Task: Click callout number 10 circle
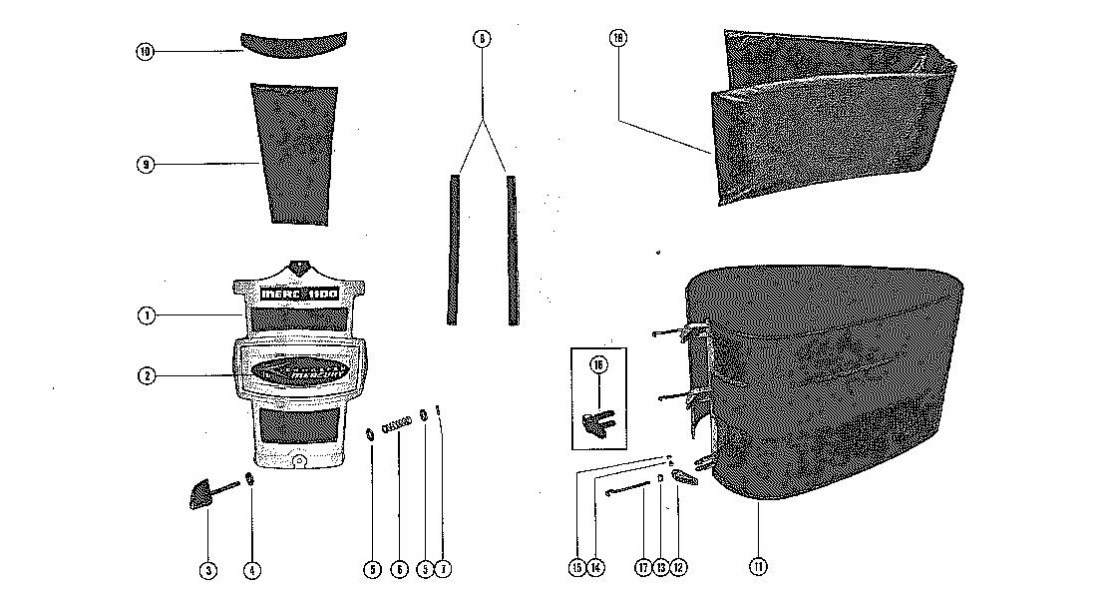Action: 146,51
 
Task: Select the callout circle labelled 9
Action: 146,165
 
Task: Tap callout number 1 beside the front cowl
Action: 146,316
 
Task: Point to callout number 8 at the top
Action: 482,39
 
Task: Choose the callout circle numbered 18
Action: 618,39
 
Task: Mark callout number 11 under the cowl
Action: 759,567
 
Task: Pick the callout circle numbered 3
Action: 208,570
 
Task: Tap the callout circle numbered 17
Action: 643,568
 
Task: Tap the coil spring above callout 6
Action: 398,423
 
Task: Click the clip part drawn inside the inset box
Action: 597,420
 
